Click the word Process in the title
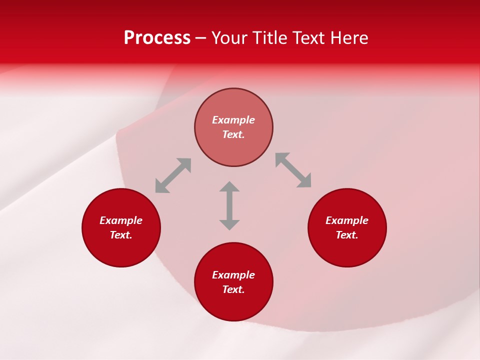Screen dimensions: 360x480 157,38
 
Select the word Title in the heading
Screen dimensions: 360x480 270,38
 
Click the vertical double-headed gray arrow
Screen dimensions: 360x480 229,205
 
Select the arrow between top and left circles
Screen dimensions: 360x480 173,175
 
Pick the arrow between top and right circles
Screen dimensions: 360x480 293,170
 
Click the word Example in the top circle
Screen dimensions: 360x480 233,120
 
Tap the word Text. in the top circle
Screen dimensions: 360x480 233,134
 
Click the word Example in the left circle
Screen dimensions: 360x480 121,220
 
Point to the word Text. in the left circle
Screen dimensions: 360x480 121,235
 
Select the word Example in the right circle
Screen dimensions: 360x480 347,220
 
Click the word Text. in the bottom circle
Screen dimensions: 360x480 233,289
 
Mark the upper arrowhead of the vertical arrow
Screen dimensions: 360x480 229,186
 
